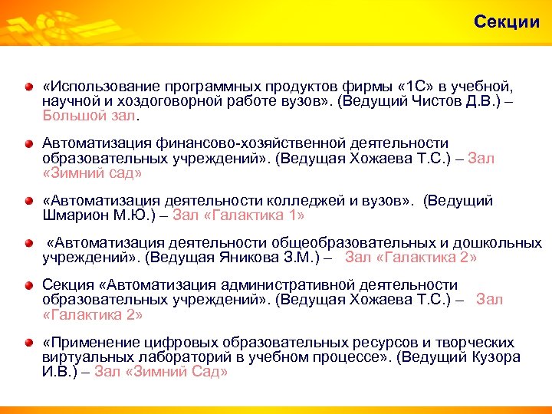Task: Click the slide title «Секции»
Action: coord(507,21)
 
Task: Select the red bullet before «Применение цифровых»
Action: coord(28,343)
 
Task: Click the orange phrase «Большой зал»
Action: coord(91,116)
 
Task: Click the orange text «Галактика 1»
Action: coord(254,215)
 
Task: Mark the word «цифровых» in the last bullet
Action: coord(172,343)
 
